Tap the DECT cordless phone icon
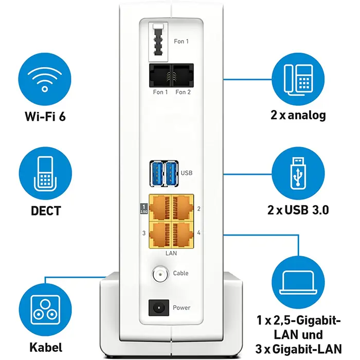(45, 174)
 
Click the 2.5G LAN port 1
(160, 207)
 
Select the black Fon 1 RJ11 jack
(160, 75)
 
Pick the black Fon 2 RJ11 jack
(183, 75)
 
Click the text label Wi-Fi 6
(45, 115)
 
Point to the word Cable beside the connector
(181, 273)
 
